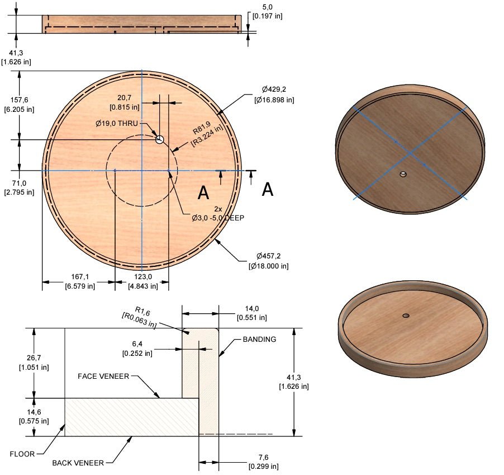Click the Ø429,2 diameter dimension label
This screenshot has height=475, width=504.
277,89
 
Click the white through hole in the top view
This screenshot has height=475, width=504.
160,139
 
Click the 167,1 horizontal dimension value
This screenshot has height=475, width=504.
79,276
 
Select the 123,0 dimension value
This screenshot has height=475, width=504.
142,276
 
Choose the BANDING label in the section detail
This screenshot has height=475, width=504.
259,340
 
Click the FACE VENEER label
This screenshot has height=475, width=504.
103,377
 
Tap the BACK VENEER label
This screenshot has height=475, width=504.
78,463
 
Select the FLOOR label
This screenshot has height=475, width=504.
23,454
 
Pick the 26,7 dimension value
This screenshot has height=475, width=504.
34,358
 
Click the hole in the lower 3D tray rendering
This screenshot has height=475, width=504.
406,316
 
